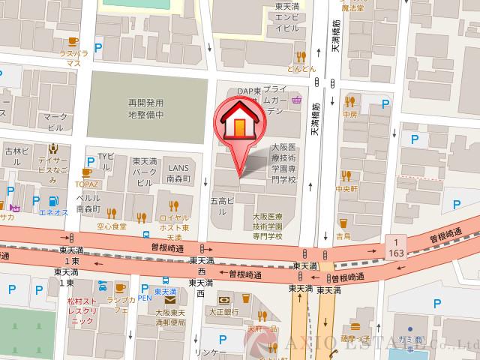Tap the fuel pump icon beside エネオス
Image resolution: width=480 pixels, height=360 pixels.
coord(52,200)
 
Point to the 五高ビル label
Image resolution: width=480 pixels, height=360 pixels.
coord(223,206)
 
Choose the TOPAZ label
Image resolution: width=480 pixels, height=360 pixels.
coord(88,182)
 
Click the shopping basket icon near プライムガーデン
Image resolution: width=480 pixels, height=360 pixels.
coord(298,99)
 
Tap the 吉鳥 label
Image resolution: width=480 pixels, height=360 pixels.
coord(343,235)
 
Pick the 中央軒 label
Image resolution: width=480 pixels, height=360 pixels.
coord(348,188)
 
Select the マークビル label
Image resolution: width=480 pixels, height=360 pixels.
coord(55,122)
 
